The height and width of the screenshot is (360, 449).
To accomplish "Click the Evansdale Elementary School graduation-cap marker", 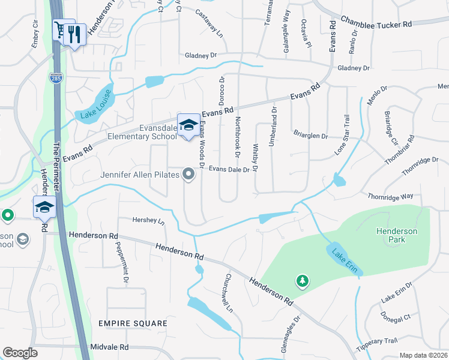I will [x=188, y=125].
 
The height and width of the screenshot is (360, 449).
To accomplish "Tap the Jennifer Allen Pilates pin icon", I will [x=189, y=175].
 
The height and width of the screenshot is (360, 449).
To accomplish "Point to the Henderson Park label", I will [x=391, y=235].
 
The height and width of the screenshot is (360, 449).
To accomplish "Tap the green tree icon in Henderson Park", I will [x=302, y=280].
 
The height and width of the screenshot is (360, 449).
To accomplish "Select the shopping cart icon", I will [x=61, y=29].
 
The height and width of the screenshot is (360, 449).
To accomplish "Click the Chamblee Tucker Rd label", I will [x=376, y=22].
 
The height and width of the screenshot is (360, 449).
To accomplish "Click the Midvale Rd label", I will [x=109, y=347].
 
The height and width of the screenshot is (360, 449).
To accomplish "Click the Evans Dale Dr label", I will [x=229, y=170].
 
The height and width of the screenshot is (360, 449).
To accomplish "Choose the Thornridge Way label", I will [x=390, y=196].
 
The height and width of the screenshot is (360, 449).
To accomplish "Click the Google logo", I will [x=20, y=352].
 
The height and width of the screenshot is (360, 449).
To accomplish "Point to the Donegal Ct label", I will [x=396, y=317].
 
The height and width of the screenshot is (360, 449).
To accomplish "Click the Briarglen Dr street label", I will [x=310, y=136].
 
